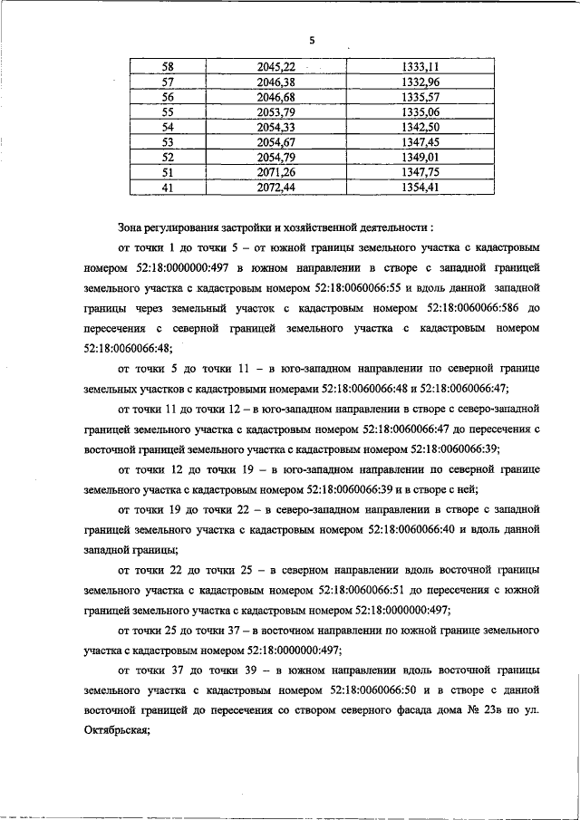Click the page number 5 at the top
(x=311, y=41)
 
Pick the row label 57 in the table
(x=167, y=82)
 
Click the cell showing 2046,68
(x=276, y=97)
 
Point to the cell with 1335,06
(x=420, y=111)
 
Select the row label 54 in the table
(x=167, y=127)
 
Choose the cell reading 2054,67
(x=276, y=142)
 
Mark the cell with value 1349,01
(x=420, y=157)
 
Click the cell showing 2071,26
(x=276, y=172)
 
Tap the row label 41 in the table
(x=167, y=187)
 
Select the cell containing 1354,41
(x=420, y=187)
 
